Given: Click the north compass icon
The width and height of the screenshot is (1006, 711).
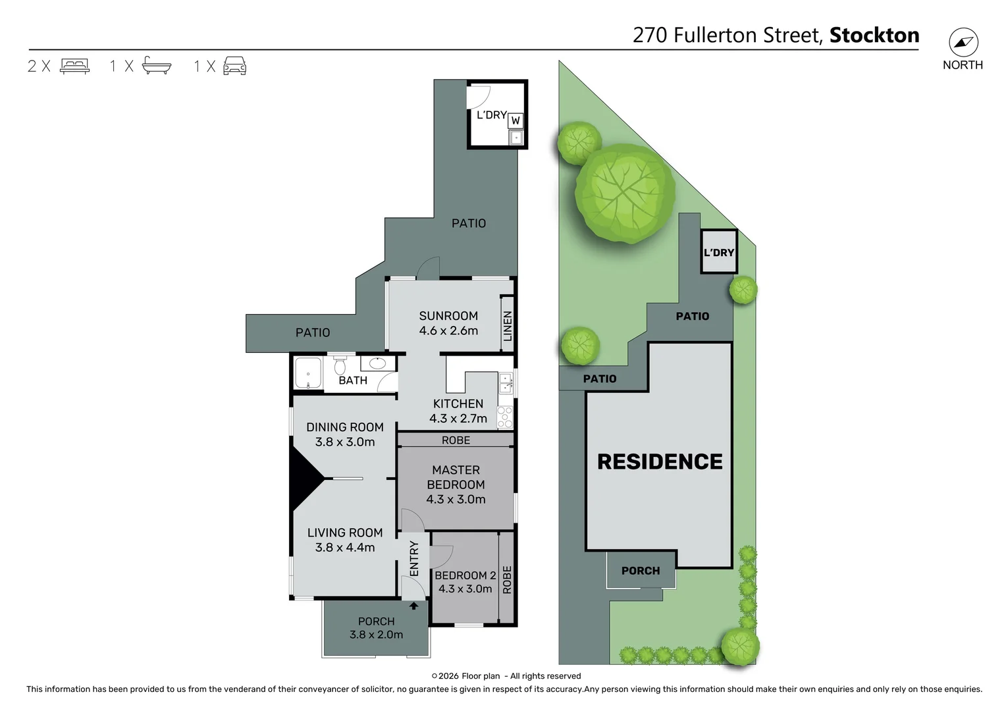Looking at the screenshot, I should click(963, 43).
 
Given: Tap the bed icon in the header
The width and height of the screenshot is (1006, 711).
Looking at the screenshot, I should click(74, 66).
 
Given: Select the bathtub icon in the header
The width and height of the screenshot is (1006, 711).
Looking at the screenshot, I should click(157, 66).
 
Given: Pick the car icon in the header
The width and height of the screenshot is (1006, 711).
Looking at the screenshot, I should click(235, 66).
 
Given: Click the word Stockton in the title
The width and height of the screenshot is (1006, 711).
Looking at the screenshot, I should click(874, 35).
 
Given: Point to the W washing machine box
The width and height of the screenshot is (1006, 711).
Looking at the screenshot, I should click(516, 120).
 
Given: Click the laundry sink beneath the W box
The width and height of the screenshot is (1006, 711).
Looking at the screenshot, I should click(516, 138).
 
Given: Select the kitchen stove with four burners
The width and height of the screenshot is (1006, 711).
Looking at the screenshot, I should click(505, 417).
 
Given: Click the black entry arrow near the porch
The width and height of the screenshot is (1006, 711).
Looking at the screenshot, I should click(413, 606).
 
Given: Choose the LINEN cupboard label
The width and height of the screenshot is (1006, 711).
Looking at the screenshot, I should click(507, 326).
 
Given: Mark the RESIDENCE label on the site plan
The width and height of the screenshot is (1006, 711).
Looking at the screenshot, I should click(660, 461).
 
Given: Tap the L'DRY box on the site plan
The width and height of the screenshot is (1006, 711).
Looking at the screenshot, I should click(718, 252).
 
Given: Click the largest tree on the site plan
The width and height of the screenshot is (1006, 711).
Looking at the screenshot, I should click(625, 193).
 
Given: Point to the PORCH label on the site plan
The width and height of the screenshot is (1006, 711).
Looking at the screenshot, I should click(640, 571).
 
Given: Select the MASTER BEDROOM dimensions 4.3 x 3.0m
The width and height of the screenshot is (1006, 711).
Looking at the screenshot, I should click(456, 499).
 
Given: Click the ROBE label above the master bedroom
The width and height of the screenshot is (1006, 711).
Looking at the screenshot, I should click(456, 440).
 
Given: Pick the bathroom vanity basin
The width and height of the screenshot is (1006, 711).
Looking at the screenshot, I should click(377, 363).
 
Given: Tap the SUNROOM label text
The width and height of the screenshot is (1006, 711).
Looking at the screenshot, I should click(448, 315).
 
